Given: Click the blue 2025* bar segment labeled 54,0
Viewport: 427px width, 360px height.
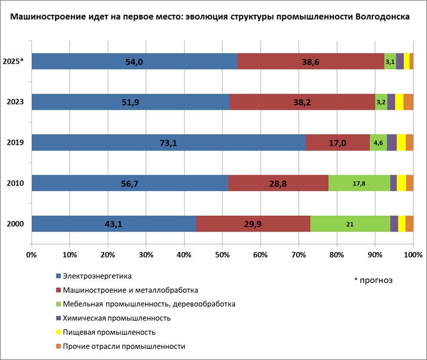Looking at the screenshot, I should tap(134, 62).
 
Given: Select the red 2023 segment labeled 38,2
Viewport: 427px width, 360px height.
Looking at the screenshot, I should tap(302, 102).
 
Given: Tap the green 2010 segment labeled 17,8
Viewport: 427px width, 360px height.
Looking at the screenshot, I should tap(359, 183).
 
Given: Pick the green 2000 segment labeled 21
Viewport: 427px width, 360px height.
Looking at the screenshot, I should tap(350, 224).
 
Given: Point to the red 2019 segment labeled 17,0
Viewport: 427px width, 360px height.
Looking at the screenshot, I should tap(338, 143).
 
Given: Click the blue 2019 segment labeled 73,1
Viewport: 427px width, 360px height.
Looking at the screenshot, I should tap(168, 143).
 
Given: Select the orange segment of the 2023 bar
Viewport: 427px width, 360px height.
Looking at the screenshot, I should tap(408, 102).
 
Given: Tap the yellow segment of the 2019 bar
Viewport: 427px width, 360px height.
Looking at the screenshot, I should tap(401, 143).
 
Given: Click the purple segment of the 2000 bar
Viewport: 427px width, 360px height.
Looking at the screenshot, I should tap(394, 224).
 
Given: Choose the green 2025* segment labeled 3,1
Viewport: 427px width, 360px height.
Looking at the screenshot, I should tap(390, 62).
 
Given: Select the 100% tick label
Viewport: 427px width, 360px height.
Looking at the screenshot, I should tap(413, 255).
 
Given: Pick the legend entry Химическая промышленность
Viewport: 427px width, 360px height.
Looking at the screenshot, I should tap(116, 318).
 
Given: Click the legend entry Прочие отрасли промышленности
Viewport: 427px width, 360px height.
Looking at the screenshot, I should tap(124, 346).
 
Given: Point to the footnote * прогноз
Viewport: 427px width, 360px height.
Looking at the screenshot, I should tap(373, 280).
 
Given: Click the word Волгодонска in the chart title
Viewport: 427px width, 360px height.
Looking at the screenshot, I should tap(374, 17).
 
